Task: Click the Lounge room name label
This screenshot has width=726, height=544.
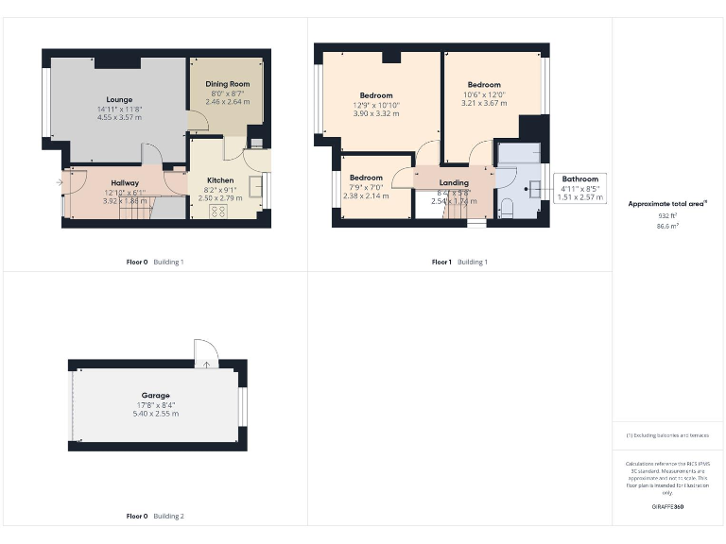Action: click(x=119, y=99)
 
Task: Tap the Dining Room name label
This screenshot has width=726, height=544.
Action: click(x=227, y=84)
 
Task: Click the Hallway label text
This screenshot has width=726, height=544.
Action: click(x=125, y=182)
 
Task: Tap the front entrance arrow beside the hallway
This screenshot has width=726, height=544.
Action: click(x=60, y=181)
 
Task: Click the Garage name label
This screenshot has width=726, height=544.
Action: click(x=156, y=396)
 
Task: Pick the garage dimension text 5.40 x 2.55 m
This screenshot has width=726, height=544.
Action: click(x=156, y=414)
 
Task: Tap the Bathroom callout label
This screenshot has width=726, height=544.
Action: click(x=580, y=178)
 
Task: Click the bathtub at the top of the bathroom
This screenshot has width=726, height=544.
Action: click(x=519, y=153)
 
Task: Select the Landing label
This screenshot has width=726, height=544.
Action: click(x=454, y=182)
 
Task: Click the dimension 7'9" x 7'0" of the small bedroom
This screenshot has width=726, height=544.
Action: click(x=366, y=187)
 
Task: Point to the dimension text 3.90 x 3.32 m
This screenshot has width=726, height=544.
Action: click(x=376, y=113)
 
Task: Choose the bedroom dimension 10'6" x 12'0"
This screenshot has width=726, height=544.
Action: click(x=484, y=94)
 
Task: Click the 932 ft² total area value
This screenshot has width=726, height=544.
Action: click(x=667, y=216)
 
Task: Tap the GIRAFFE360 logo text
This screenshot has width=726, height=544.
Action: click(x=667, y=507)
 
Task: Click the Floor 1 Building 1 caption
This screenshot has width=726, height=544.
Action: click(x=459, y=262)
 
